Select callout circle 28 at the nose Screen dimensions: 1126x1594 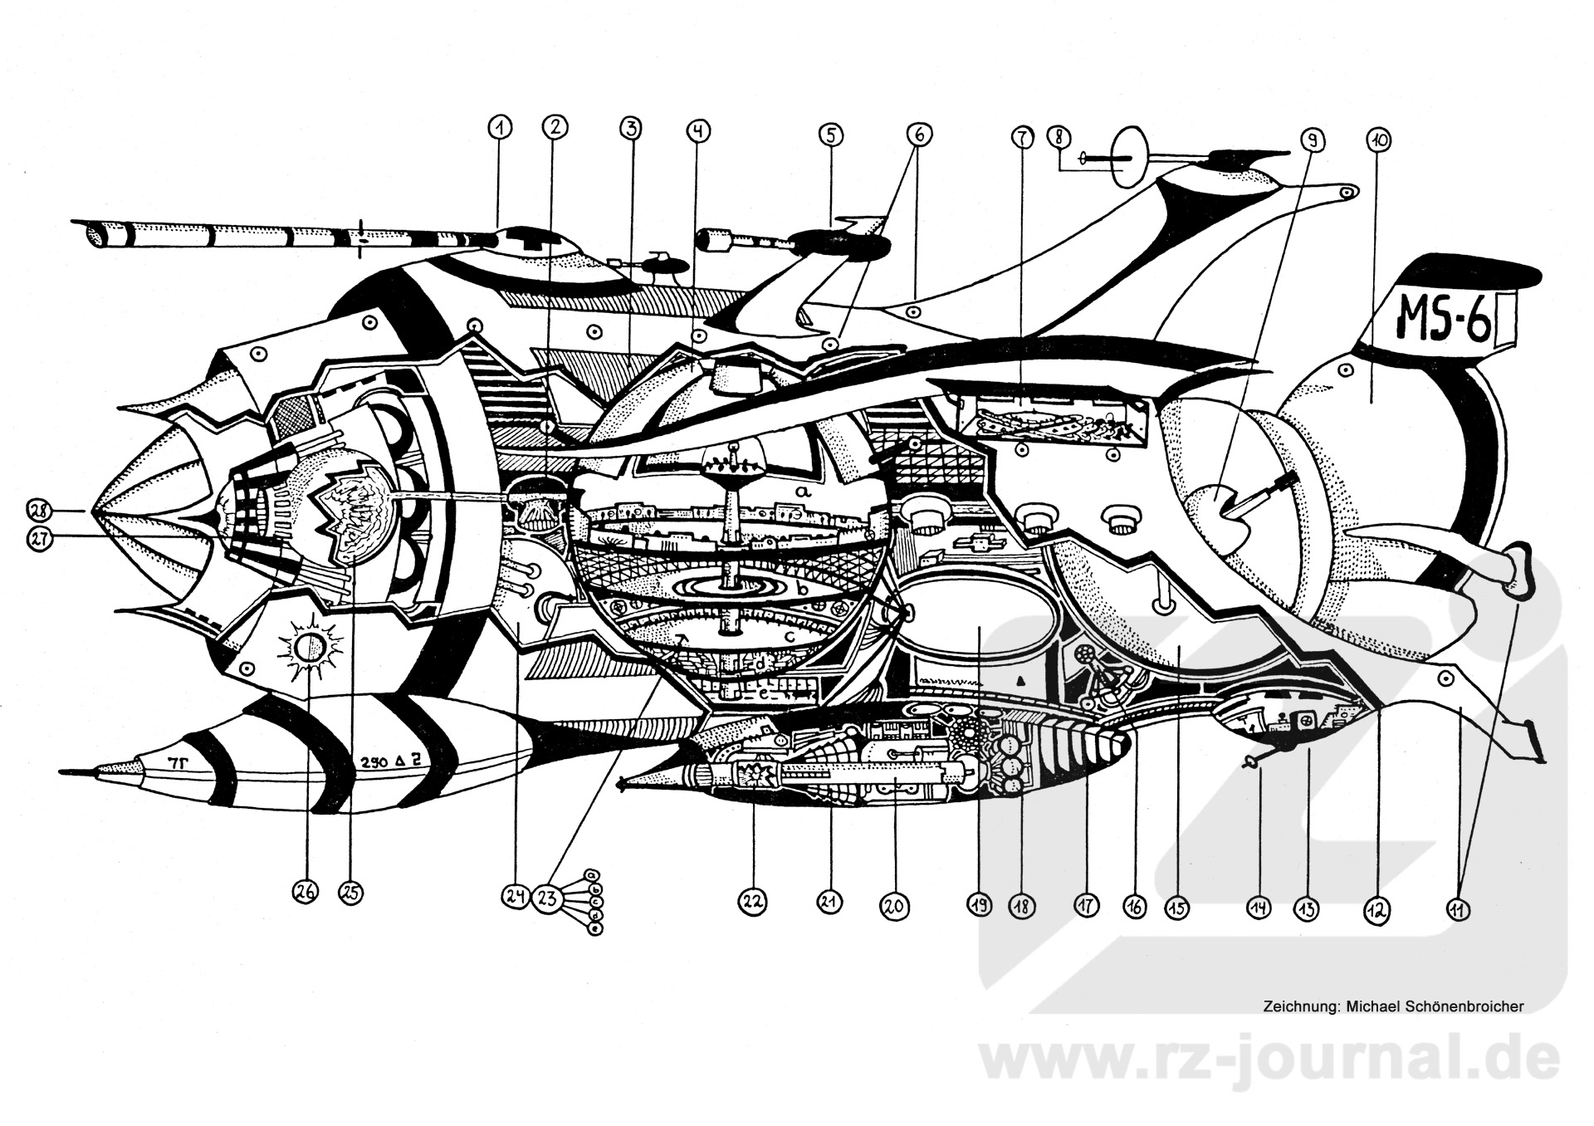click(x=38, y=510)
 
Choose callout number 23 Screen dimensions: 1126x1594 click(x=547, y=898)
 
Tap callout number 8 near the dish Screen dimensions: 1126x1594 click(x=1059, y=136)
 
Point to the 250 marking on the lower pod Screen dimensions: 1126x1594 click(x=374, y=761)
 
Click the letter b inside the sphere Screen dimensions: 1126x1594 click(x=802, y=588)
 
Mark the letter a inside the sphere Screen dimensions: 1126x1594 click(x=801, y=492)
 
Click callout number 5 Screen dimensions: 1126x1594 click(x=830, y=135)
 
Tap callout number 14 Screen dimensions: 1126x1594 click(x=1259, y=908)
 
